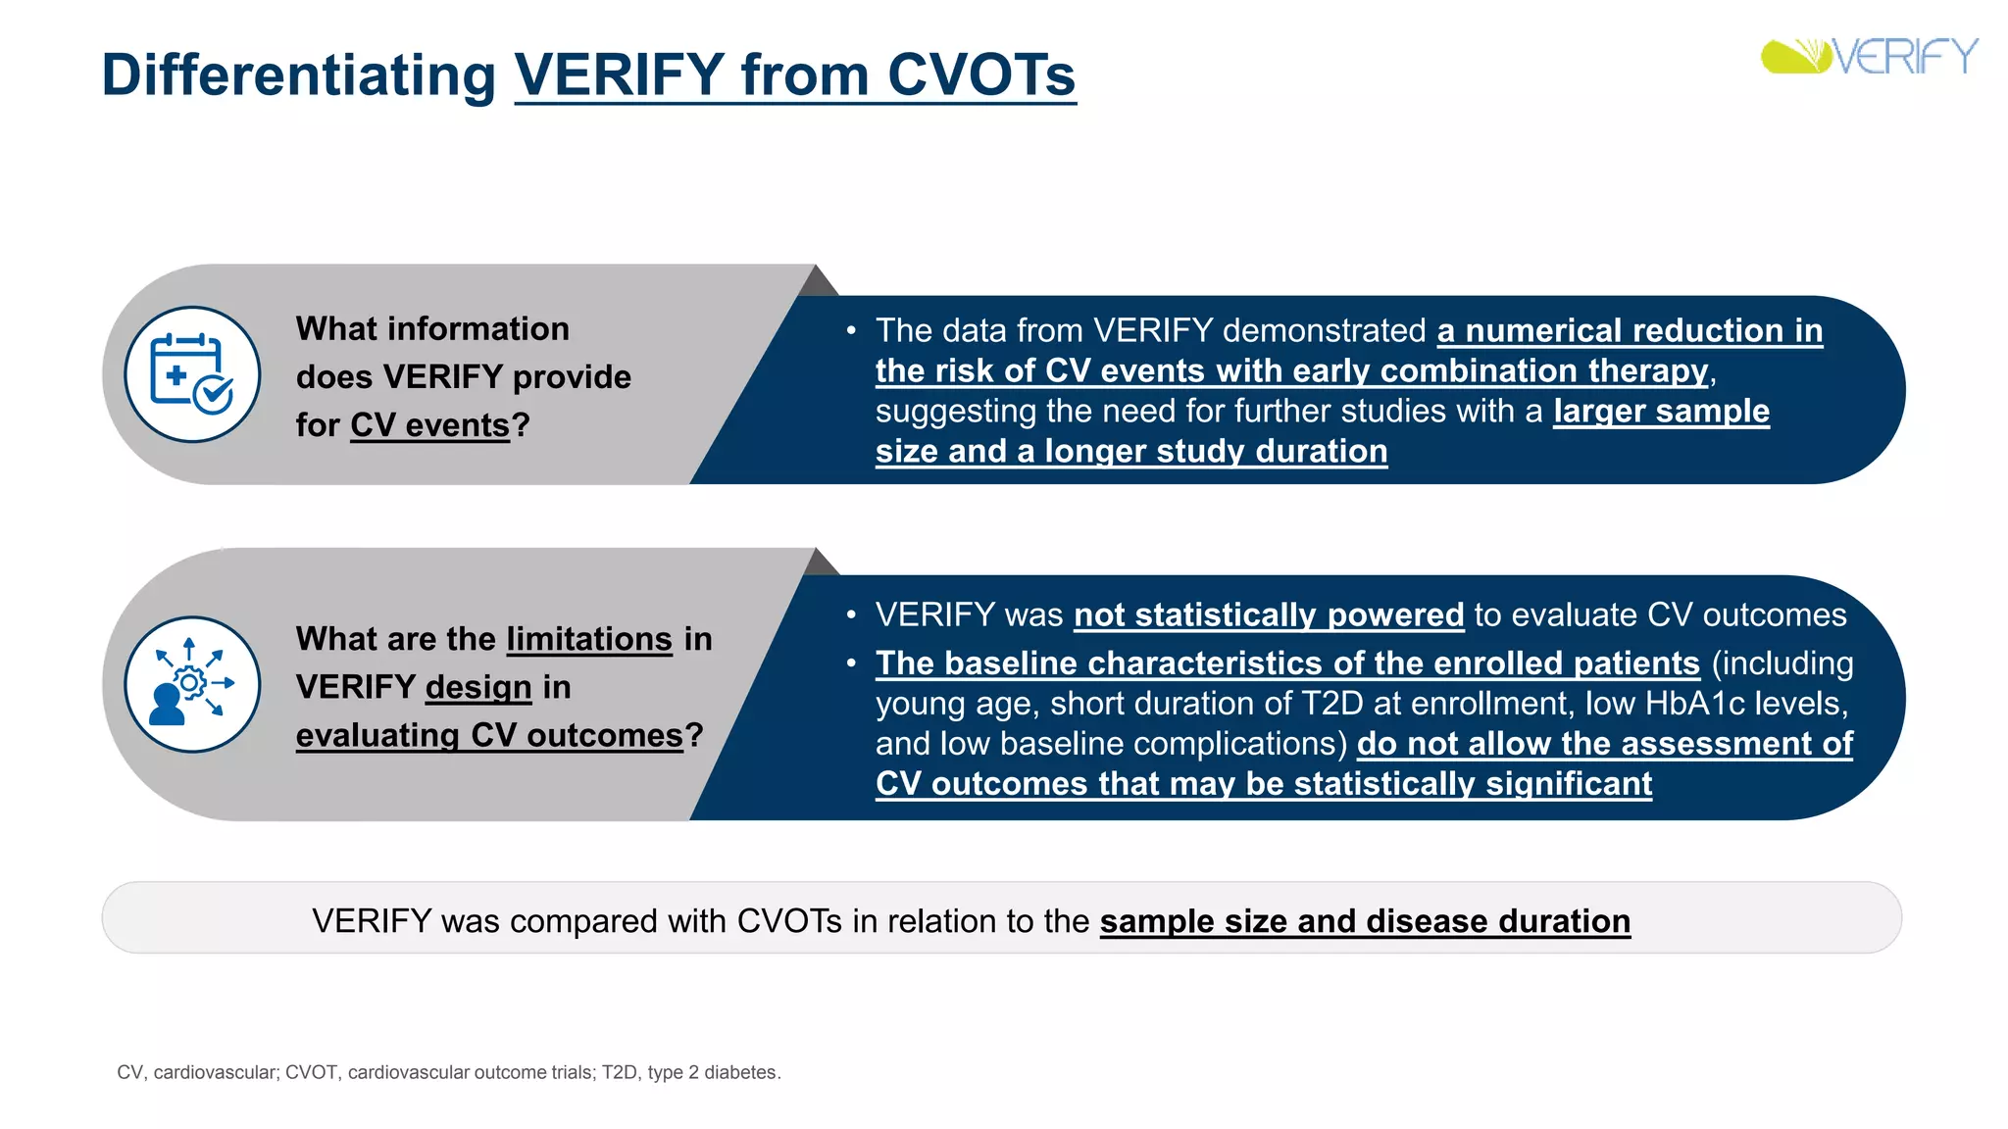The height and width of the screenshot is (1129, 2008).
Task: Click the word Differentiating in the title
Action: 299,75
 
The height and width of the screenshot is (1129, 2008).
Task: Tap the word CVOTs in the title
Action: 980,75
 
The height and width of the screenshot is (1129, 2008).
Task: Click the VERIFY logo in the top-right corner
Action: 1869,57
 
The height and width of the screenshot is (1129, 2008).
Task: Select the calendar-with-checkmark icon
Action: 192,374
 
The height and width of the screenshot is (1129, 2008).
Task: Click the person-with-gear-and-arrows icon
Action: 192,684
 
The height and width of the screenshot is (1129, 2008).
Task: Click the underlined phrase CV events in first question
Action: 429,425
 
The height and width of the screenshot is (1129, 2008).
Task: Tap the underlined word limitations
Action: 589,639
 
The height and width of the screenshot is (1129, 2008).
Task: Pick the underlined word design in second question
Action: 478,687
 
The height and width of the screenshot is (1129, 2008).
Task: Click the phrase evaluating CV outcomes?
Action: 499,735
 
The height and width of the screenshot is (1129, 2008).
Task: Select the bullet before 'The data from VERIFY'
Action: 851,331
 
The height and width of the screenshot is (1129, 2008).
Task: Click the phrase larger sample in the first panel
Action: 1661,411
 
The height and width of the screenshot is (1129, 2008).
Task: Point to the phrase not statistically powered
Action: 1268,615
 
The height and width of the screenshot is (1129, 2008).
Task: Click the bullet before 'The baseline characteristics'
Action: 851,663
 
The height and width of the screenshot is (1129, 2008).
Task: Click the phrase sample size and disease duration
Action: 1365,921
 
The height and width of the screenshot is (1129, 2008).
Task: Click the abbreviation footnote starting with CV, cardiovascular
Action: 448,1072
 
